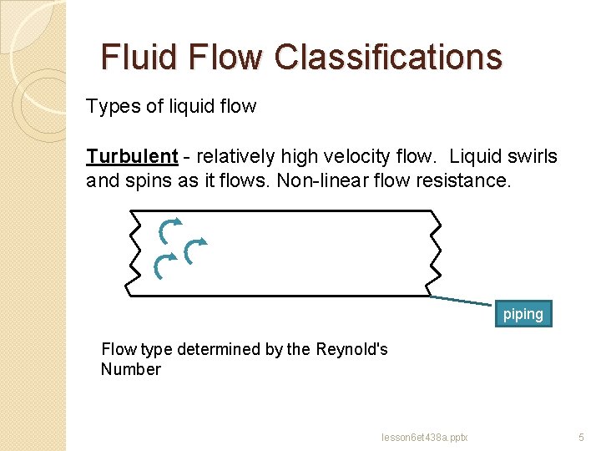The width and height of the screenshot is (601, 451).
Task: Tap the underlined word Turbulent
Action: [132, 157]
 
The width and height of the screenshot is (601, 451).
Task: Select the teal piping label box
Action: [523, 314]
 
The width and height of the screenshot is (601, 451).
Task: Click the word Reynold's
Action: [351, 349]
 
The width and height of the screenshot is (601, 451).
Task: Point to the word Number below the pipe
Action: [130, 369]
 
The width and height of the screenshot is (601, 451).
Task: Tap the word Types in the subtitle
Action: [107, 107]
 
